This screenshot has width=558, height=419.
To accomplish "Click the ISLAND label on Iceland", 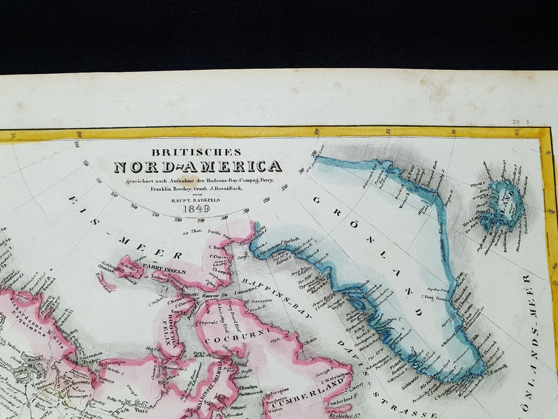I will coord(505,201).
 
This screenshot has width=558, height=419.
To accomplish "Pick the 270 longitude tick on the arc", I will coord(155,214).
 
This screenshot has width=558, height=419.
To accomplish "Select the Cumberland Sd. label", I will coord(338,402).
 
